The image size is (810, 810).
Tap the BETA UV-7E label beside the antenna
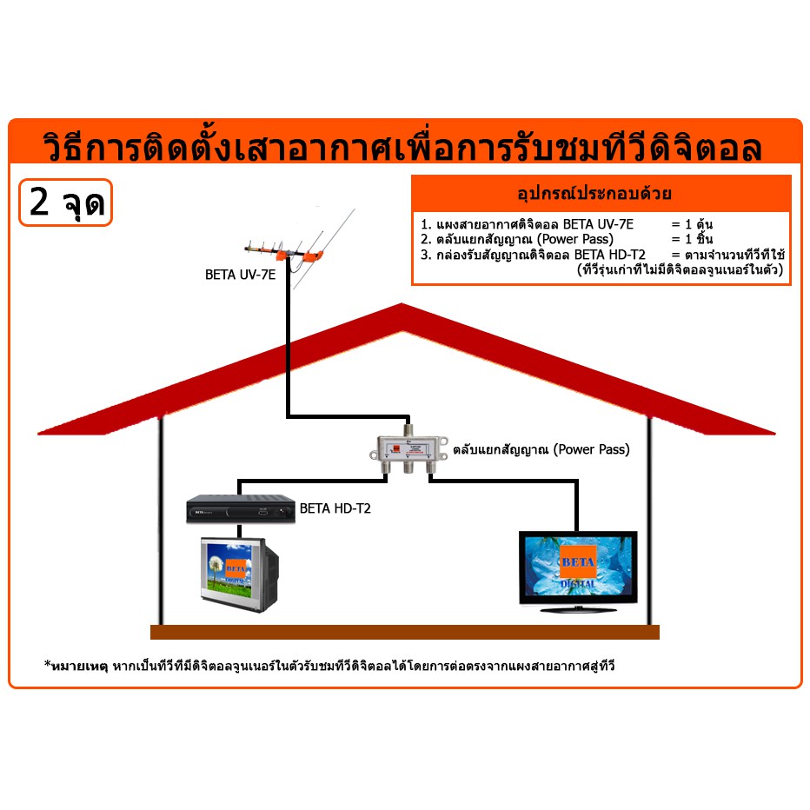click(240, 275)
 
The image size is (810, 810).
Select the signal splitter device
click(408, 448)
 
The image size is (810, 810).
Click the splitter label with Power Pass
click(541, 449)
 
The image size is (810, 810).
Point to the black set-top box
click(241, 508)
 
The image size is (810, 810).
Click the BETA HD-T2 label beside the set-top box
click(335, 508)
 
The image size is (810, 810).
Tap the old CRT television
click(240, 574)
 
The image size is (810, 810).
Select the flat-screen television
click(578, 572)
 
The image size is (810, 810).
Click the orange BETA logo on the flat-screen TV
click(578, 561)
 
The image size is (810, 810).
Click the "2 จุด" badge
click(65, 202)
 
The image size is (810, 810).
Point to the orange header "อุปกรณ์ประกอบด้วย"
click(594, 194)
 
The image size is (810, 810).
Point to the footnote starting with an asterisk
click(329, 666)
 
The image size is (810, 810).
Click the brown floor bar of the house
click(405, 633)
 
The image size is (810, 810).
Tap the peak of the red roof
click(402, 305)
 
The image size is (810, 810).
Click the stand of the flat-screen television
click(578, 609)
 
